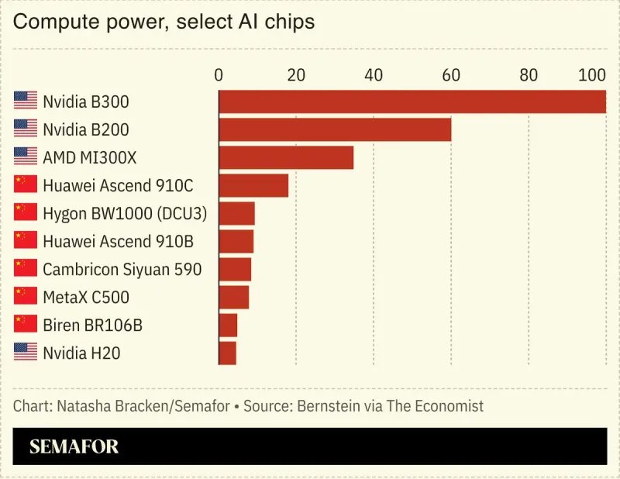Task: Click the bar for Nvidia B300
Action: (x=412, y=102)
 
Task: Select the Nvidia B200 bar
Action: (x=335, y=129)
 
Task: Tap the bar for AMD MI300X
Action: (x=286, y=157)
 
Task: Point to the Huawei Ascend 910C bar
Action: (x=253, y=185)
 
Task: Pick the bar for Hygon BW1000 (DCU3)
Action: (x=236, y=213)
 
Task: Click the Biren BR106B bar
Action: (x=228, y=325)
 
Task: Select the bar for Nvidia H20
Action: (x=227, y=353)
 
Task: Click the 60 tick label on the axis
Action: (x=451, y=75)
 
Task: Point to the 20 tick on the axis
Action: (x=296, y=75)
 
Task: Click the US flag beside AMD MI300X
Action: (x=26, y=157)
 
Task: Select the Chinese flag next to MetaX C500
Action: (x=26, y=296)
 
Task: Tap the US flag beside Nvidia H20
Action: (x=26, y=352)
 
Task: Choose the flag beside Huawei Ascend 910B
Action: (x=26, y=240)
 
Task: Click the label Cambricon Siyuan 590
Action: (x=122, y=269)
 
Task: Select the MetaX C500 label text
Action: (x=86, y=297)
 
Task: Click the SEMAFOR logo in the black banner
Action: (x=74, y=446)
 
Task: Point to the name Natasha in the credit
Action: (x=81, y=406)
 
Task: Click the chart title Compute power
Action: (x=89, y=22)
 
